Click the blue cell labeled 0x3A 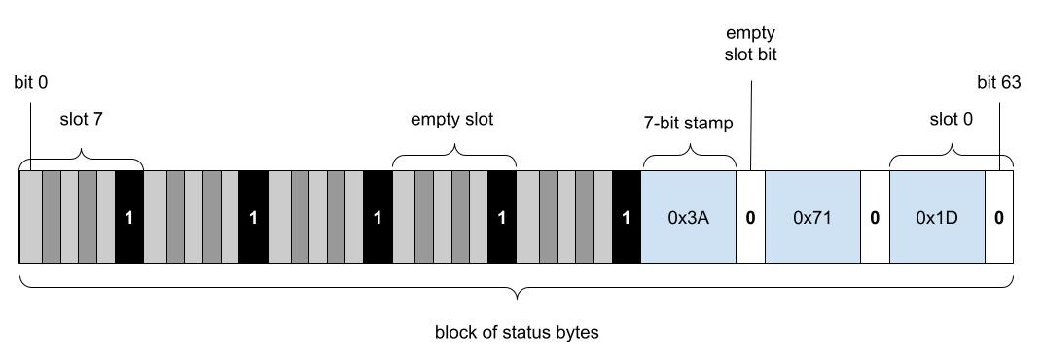pyautogui.click(x=688, y=217)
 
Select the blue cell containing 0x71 pyautogui.click(x=812, y=217)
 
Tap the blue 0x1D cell pyautogui.click(x=937, y=217)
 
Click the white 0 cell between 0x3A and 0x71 pyautogui.click(x=750, y=217)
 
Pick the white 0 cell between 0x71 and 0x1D pyautogui.click(x=875, y=217)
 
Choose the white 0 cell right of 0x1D pyautogui.click(x=999, y=217)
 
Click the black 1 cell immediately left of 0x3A pyautogui.click(x=626, y=217)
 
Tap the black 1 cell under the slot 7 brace pyautogui.click(x=128, y=217)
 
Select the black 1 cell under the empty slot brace pyautogui.click(x=501, y=217)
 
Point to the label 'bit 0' pyautogui.click(x=31, y=83)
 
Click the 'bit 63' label pyautogui.click(x=999, y=83)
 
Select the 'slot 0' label pyautogui.click(x=951, y=121)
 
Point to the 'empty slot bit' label pyautogui.click(x=750, y=44)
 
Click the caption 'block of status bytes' pyautogui.click(x=516, y=333)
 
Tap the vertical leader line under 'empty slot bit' pyautogui.click(x=750, y=117)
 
